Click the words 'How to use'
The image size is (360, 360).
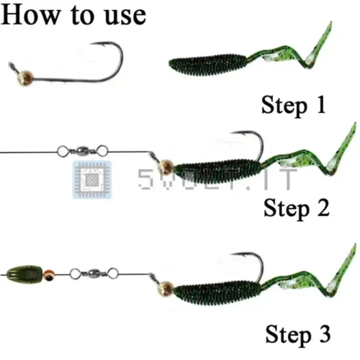[73, 15]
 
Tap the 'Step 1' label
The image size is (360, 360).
[293, 105]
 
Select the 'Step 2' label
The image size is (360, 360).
[297, 208]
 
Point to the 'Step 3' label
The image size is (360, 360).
[298, 335]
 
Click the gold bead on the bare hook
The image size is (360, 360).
[26, 78]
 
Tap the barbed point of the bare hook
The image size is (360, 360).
[91, 44]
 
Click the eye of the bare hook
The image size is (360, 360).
[11, 65]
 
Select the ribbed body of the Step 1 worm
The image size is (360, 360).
[208, 65]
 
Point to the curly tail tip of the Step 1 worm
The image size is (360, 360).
[330, 23]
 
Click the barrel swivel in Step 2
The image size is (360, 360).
[82, 151]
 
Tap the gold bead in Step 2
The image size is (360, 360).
[166, 166]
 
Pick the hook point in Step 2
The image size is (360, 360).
[232, 133]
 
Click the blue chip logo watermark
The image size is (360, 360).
[92, 180]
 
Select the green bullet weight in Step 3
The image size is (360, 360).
[24, 274]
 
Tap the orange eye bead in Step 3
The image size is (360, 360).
[49, 275]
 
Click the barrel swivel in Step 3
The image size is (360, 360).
[94, 273]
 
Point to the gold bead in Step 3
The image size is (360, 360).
[165, 288]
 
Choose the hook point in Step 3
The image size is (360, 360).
[232, 255]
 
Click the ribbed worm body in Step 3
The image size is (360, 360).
[217, 293]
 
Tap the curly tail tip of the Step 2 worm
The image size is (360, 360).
[354, 125]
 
